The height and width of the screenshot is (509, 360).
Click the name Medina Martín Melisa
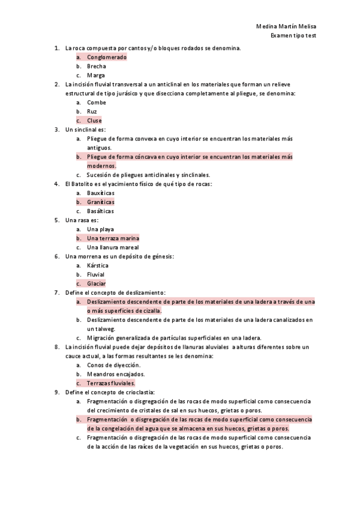286,27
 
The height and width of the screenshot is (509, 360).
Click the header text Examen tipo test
293,35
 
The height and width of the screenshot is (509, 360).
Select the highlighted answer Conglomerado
106,57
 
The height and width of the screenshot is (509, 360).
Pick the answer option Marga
95,76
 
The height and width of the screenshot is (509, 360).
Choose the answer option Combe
96,103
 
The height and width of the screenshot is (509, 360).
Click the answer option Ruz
92,112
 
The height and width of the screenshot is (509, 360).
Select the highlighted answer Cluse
94,121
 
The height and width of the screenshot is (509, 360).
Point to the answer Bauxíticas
100,193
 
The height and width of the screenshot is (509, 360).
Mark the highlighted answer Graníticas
100,202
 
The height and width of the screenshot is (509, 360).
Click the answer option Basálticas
100,211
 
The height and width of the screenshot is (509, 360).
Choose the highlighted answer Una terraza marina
113,238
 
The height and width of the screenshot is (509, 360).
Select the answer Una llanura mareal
113,247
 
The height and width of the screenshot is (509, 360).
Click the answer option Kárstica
97,265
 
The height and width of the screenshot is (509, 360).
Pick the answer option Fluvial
95,274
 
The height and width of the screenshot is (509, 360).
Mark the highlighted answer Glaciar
96,283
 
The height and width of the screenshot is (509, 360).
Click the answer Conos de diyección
113,365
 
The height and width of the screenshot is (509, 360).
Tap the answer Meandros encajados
115,374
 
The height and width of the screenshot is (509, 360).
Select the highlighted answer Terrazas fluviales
111,383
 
